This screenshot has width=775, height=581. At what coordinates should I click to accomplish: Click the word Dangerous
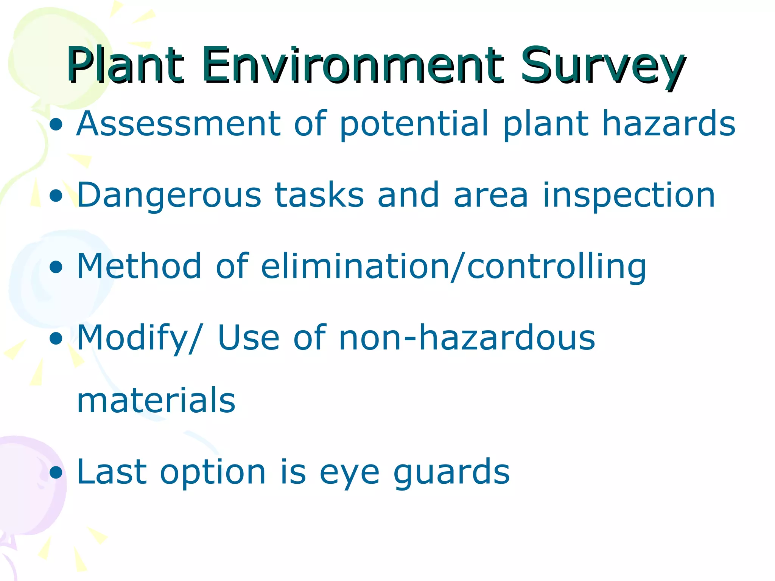(169, 195)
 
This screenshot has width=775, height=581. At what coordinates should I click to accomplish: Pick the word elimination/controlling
(453, 267)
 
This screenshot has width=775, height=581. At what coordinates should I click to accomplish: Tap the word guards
(451, 473)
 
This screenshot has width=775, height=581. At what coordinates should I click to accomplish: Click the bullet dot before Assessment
(56, 125)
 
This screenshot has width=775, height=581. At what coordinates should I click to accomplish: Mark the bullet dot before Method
(56, 267)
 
